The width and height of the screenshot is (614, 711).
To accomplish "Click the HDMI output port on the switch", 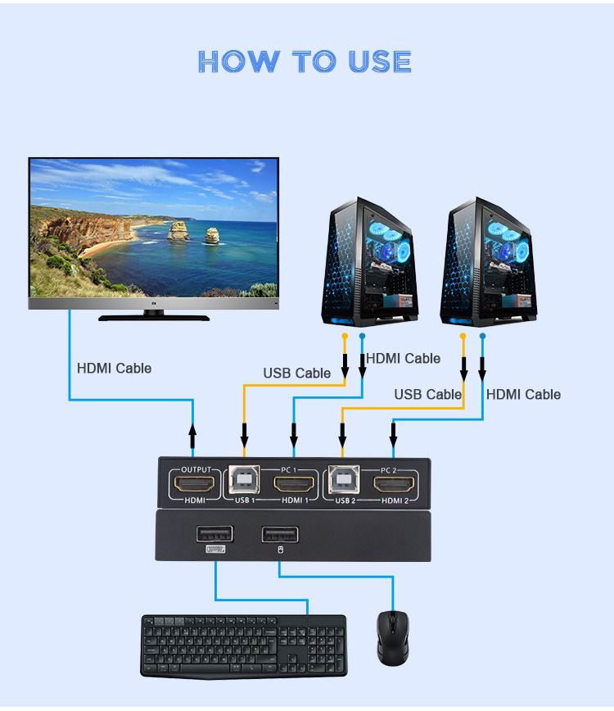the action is (x=194, y=485).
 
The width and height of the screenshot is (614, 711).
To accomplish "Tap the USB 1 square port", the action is (x=244, y=479).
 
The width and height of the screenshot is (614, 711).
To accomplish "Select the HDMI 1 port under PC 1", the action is (x=294, y=485).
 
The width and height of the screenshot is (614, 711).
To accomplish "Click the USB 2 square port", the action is (x=344, y=479).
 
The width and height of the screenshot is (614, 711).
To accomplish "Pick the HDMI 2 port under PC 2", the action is (x=394, y=485).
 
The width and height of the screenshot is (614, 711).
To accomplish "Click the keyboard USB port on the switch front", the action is (x=214, y=534).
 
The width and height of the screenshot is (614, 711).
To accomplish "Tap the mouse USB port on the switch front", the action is (x=280, y=535).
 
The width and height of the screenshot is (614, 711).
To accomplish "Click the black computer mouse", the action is (x=393, y=638).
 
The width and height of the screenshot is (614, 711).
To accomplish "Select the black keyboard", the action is (x=244, y=646).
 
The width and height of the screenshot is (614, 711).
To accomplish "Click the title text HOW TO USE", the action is (x=305, y=61).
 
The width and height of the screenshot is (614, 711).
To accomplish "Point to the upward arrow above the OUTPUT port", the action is (x=192, y=437).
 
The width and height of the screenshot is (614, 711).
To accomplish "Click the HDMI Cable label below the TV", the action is (x=114, y=369).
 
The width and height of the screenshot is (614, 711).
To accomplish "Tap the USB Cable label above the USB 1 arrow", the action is (x=297, y=374).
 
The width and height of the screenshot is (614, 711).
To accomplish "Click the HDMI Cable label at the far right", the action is (x=523, y=395).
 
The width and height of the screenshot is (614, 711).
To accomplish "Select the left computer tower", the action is (x=369, y=262).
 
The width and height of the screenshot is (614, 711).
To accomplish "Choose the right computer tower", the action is (x=489, y=262).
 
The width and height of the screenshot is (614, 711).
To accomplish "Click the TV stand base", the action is (x=154, y=318).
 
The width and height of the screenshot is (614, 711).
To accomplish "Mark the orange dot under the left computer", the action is (x=345, y=336).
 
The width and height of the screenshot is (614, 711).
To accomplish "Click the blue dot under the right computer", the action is (x=482, y=336).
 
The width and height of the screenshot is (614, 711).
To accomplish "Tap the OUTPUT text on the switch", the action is (x=196, y=469).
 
